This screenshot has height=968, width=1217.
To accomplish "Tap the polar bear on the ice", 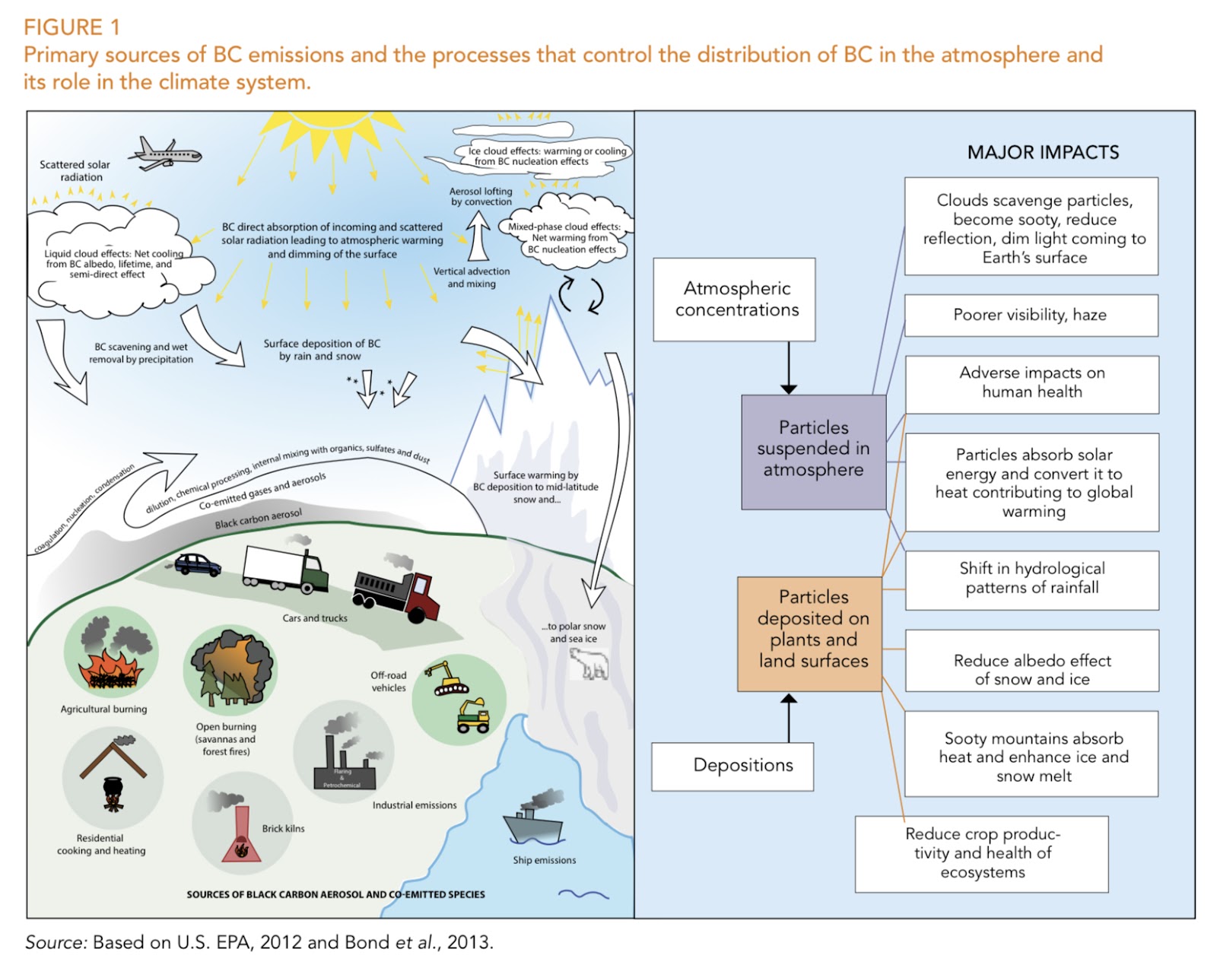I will coord(590,665).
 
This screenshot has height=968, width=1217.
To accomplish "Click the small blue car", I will coord(197,564).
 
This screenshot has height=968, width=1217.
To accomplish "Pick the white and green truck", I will coord(285,570).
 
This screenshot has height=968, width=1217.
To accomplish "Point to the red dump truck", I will coord(396,594).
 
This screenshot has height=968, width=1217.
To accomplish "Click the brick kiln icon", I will coord(242,836).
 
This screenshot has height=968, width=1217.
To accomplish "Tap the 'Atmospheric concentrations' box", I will coord(734,299).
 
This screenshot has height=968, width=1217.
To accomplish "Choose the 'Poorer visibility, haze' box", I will coord(1031,315).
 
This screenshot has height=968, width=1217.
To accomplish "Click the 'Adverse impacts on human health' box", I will coord(1031,383).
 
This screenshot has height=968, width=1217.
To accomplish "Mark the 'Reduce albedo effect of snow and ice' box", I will coord(1031,669).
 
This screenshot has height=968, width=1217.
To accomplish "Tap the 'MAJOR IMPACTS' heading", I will coord(1043,152).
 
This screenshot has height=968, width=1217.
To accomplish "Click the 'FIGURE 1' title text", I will coord(71,27).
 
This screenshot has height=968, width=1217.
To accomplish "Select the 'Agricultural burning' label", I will coord(103,709).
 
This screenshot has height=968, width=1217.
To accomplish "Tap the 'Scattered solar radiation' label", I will coord(75,170).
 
